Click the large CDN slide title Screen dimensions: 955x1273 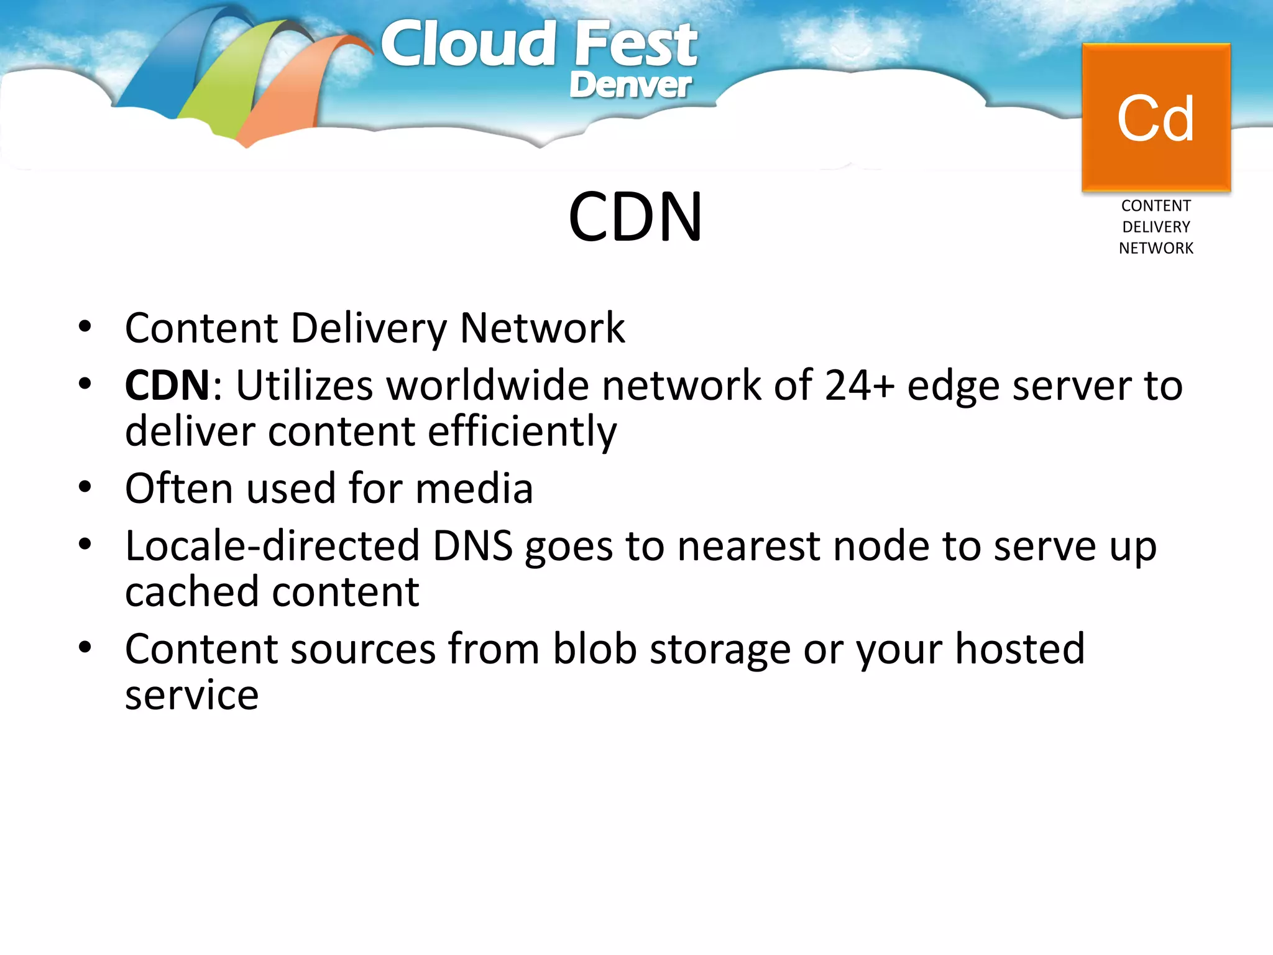pyautogui.click(x=635, y=217)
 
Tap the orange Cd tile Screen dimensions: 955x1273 pyautogui.click(x=1156, y=118)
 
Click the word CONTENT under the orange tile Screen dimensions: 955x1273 pyautogui.click(x=1156, y=206)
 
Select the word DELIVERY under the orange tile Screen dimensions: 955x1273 pyautogui.click(x=1156, y=227)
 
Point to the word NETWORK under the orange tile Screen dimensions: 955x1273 pyautogui.click(x=1156, y=248)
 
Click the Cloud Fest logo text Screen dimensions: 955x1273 pyautogui.click(x=538, y=45)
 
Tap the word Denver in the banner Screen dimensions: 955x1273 pyautogui.click(x=630, y=85)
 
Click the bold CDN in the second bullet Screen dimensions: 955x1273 pyautogui.click(x=167, y=385)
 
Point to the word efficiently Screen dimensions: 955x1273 pyautogui.click(x=522, y=431)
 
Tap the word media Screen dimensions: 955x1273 pyautogui.click(x=474, y=489)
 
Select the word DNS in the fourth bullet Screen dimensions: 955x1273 pyautogui.click(x=472, y=546)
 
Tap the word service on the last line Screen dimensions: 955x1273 pyautogui.click(x=191, y=695)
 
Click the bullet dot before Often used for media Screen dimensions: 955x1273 pyautogui.click(x=85, y=487)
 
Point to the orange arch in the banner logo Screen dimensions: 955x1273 pyautogui.click(x=292, y=93)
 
